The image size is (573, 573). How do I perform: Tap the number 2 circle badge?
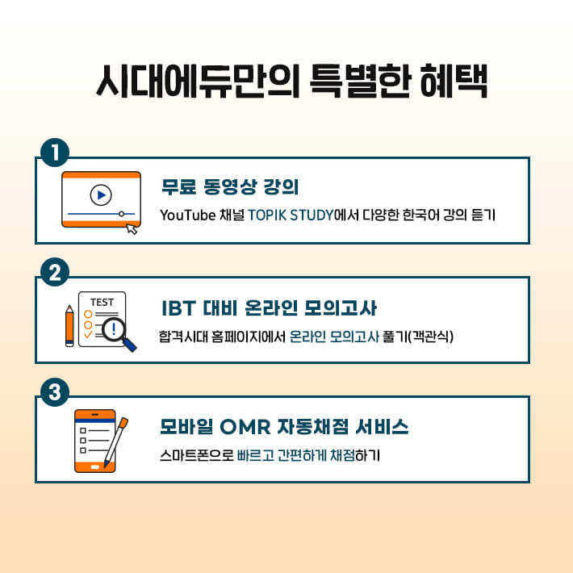click(54, 273)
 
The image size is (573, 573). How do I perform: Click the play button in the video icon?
click(101, 194)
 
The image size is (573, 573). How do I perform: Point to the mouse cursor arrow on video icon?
click(132, 228)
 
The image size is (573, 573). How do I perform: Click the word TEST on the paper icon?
click(102, 303)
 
